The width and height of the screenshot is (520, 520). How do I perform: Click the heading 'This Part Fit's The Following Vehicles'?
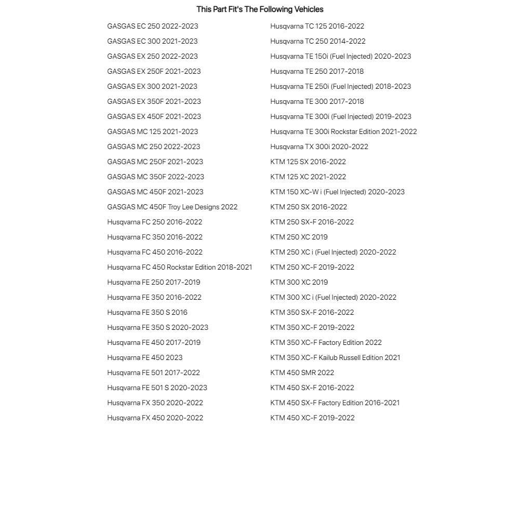coord(260,9)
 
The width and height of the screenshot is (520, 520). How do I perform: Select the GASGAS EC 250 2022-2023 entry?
coord(152,26)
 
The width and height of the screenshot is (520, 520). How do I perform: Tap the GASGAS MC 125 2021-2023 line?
coord(152,131)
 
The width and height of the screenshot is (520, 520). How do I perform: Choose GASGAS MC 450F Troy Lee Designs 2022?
coord(172,207)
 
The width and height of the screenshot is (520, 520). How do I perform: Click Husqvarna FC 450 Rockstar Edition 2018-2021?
coord(179,267)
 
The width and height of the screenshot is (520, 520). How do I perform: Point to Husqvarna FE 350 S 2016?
coord(147,312)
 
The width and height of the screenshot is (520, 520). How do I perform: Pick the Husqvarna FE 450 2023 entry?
coord(144,357)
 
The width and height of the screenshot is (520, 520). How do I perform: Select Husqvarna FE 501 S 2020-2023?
coord(157,388)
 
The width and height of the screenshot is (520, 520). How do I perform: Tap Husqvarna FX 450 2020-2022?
coord(155,418)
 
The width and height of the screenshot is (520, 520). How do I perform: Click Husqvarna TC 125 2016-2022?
coord(317,26)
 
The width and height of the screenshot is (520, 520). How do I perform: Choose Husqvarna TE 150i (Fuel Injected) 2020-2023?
coord(340,56)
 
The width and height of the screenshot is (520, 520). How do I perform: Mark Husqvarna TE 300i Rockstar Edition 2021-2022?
coord(343,131)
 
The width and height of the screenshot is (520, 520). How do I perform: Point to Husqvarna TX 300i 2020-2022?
coord(319,146)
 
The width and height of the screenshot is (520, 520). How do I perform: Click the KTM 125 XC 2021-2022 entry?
coord(308,177)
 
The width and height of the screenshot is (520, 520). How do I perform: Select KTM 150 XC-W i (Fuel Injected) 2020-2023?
coord(337,192)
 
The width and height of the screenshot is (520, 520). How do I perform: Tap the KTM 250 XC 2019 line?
coord(299,237)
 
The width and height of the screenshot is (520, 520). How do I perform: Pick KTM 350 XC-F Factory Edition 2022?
coord(326,342)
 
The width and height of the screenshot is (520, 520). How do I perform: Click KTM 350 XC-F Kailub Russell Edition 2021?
coord(335,357)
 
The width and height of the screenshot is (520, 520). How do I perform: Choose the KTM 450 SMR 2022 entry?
coord(302,372)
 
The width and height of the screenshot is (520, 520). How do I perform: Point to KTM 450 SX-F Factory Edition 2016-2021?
coord(335,403)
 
